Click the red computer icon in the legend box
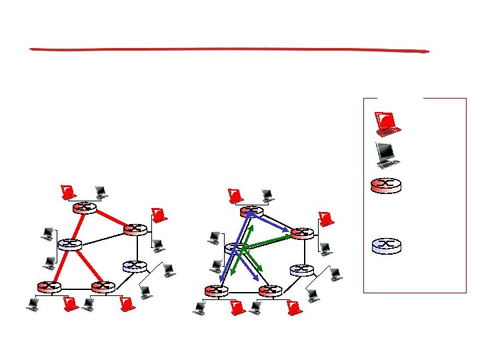386,121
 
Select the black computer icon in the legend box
387,154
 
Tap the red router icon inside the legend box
387,185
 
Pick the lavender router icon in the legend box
387,245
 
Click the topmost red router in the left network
85,208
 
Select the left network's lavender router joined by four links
69,245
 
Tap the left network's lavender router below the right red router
135,266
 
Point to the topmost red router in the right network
251,212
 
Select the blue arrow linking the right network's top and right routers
269,223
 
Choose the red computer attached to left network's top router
67,193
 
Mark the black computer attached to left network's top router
101,192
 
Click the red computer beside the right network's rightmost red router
326,219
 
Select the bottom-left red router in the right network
216,291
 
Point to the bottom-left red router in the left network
49,287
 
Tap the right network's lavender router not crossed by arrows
301,270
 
